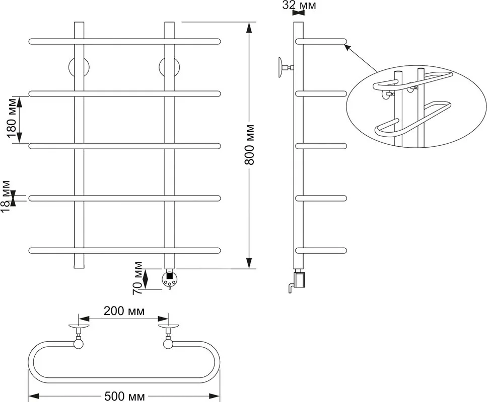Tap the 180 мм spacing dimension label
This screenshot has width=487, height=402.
coord(11,119)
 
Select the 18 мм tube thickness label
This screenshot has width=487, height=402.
coord(6,197)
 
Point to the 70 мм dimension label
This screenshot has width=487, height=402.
coord(137,278)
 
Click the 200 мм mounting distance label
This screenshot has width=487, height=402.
coord(124,311)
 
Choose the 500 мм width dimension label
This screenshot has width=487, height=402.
coord(124,396)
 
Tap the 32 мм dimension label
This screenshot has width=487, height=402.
coord(299,5)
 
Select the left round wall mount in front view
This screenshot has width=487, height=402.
coord(79,67)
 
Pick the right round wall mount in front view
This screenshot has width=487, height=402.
coord(169,67)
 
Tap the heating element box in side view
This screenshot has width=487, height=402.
coord(299,278)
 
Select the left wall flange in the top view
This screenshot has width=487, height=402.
coord(79,326)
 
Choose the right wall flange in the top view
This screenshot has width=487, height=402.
coord(169,326)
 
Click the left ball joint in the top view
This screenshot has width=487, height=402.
coord(79,344)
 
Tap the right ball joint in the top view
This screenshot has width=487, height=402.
coord(169,344)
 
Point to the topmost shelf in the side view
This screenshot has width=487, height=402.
coord(321,41)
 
